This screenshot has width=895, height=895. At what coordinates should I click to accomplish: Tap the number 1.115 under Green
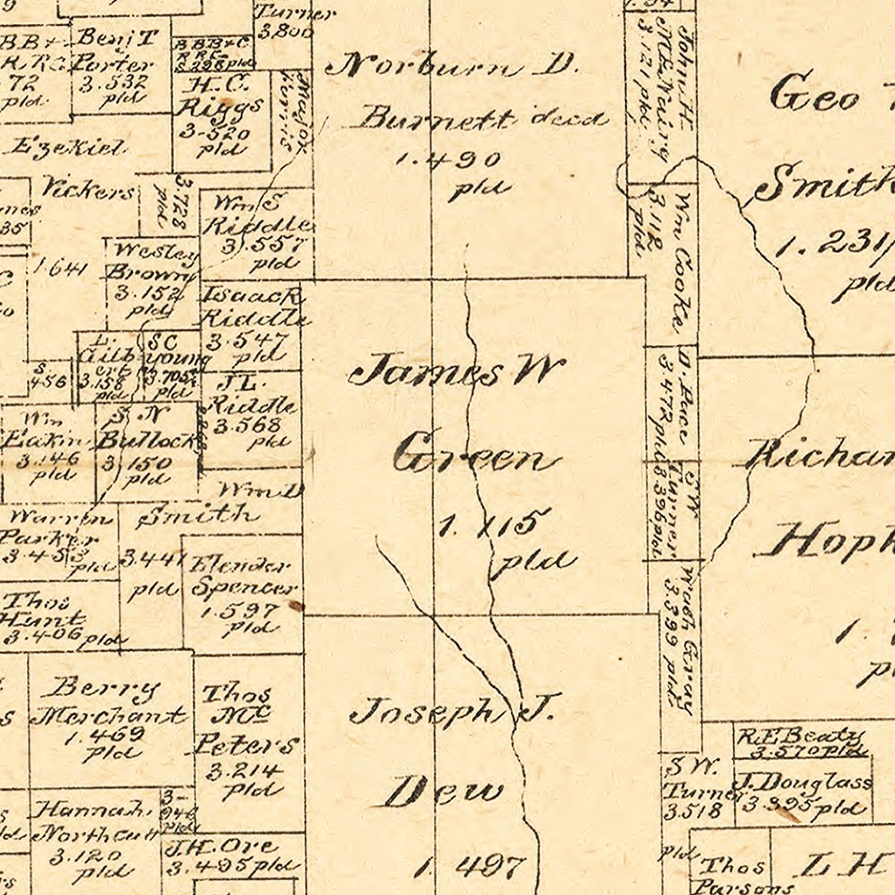pos(486,525)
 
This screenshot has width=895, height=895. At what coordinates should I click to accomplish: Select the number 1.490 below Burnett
pos(448,160)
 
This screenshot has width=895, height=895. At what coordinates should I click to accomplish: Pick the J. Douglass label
pos(803,782)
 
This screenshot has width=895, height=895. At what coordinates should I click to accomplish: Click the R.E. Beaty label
pos(800,737)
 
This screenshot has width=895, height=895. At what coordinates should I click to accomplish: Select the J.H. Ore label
pos(221,847)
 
